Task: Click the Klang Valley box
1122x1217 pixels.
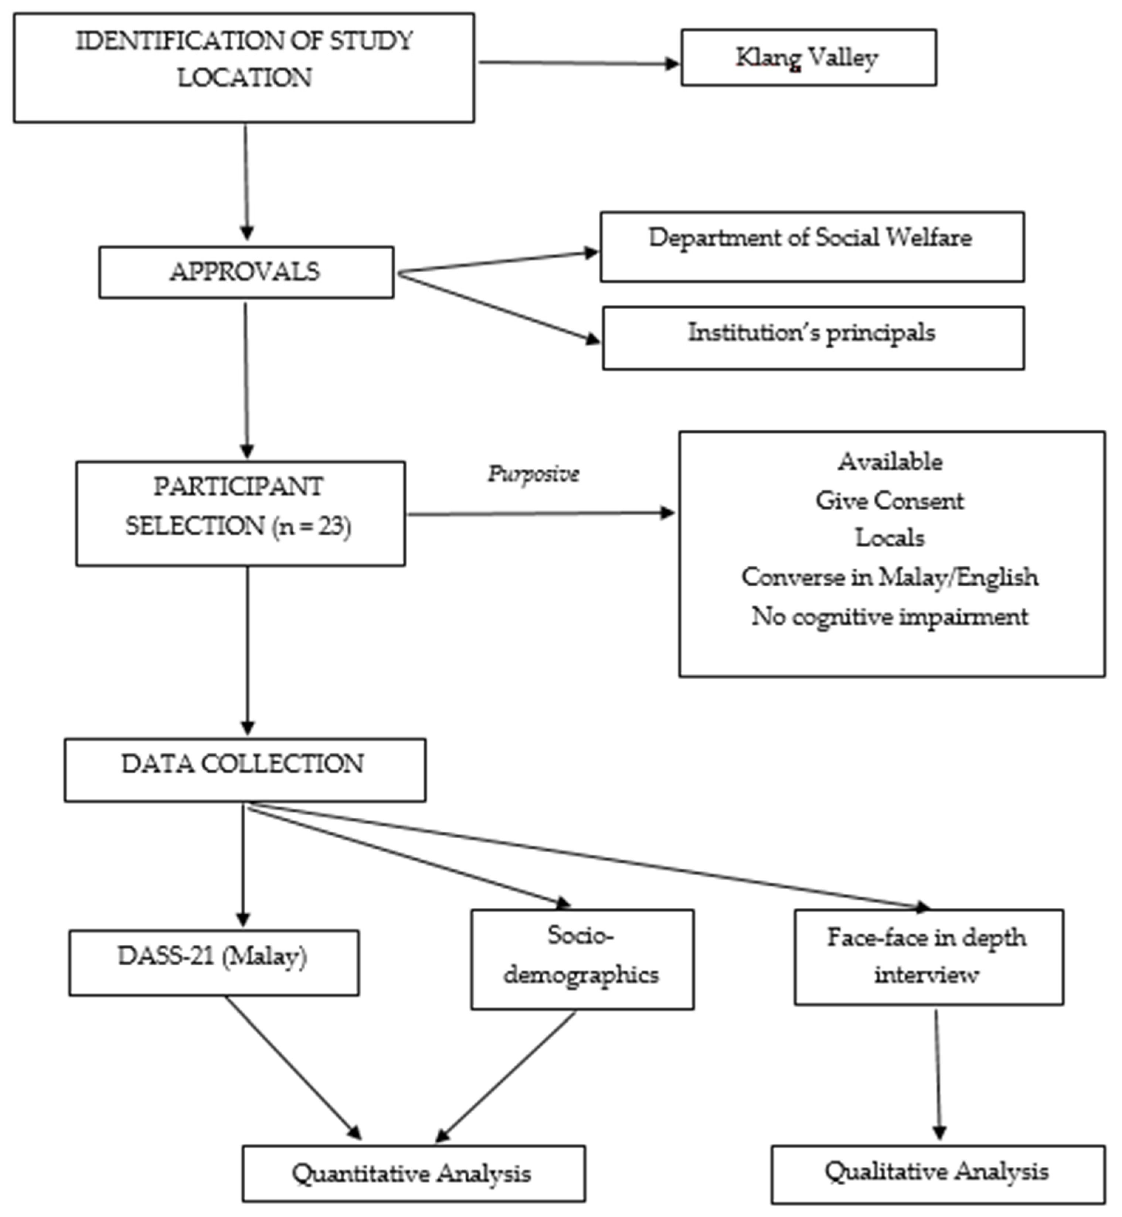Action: (808, 58)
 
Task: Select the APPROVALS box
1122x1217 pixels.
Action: (246, 272)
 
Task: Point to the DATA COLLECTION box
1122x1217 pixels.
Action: (245, 770)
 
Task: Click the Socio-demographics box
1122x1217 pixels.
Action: (582, 959)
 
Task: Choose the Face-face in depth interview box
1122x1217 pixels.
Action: (928, 957)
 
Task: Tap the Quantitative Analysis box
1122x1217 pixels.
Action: (414, 1174)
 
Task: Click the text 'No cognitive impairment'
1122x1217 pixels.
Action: (890, 617)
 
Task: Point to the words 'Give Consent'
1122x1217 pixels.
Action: (890, 501)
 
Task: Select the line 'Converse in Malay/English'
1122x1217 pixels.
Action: (890, 577)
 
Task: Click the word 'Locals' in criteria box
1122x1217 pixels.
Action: (890, 538)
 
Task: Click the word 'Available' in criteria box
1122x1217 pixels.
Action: (890, 462)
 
